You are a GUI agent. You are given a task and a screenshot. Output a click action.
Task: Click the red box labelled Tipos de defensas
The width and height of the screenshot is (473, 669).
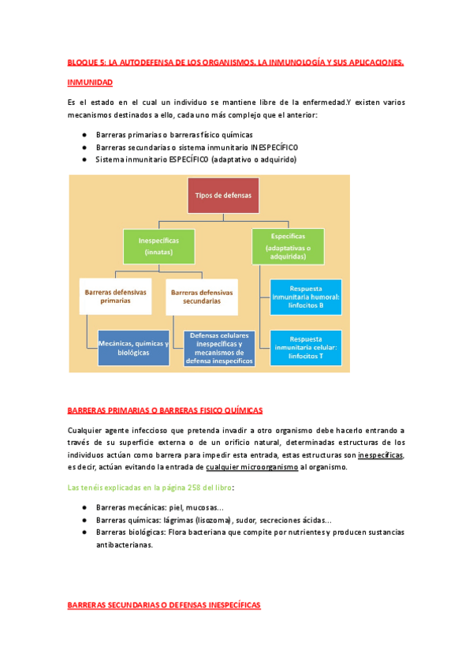tap(222, 195)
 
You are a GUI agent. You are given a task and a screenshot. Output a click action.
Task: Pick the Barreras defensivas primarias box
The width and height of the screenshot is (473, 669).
tap(115, 296)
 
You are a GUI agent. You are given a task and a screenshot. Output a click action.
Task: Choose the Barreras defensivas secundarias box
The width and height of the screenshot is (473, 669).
tap(202, 297)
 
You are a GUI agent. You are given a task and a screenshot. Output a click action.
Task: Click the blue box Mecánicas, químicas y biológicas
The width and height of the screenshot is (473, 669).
tap(133, 347)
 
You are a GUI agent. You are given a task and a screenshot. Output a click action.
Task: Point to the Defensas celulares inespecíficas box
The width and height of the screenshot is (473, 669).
tap(220, 348)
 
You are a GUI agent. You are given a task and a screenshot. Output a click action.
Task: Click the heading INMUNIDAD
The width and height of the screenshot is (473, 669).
tap(91, 82)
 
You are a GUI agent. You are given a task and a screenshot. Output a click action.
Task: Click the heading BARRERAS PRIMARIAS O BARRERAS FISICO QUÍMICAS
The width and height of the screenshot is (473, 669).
tap(166, 410)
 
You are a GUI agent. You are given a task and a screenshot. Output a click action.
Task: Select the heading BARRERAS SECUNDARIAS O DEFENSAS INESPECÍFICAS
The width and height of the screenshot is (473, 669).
tap(164, 604)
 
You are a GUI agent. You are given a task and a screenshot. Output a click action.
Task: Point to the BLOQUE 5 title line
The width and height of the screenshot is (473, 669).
tap(236, 62)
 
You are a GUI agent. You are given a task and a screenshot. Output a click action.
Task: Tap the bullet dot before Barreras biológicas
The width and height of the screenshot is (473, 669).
tap(84, 533)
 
